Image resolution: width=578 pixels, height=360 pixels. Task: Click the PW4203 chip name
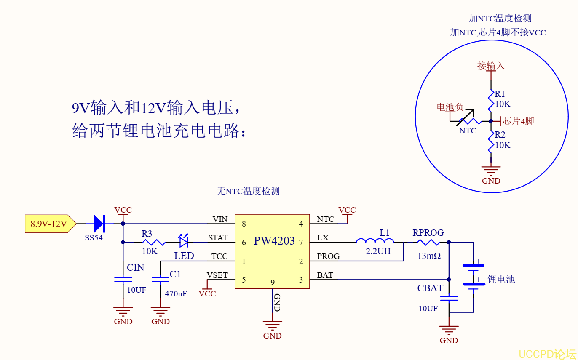pyautogui.click(x=274, y=241)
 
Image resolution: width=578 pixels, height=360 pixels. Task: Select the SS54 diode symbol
pyautogui.click(x=99, y=224)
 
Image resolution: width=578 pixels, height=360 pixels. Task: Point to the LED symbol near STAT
pyautogui.click(x=183, y=241)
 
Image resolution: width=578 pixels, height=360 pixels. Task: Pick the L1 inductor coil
pyautogui.click(x=375, y=241)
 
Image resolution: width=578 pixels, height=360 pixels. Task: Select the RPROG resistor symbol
pyautogui.click(x=428, y=242)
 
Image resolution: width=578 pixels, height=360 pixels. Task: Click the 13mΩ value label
pyautogui.click(x=429, y=256)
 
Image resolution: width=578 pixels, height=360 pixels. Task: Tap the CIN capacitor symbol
pyautogui.click(x=123, y=279)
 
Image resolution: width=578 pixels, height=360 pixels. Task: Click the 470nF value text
pyautogui.click(x=176, y=293)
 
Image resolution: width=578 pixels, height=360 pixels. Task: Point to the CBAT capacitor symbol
pyautogui.click(x=449, y=298)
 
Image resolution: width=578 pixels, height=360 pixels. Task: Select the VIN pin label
pyautogui.click(x=220, y=219)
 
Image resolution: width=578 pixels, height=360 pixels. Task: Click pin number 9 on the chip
pyautogui.click(x=273, y=282)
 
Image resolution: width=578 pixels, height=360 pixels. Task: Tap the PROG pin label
pyautogui.click(x=328, y=256)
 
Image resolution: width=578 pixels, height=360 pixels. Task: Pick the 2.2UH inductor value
pyautogui.click(x=378, y=251)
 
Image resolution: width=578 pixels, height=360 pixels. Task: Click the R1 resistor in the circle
pyautogui.click(x=490, y=99)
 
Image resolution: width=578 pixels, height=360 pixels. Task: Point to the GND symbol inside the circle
pyautogui.click(x=491, y=171)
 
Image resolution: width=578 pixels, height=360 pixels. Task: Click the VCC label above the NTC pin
pyautogui.click(x=347, y=210)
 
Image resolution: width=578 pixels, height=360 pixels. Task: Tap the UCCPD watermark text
pyautogui.click(x=547, y=354)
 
